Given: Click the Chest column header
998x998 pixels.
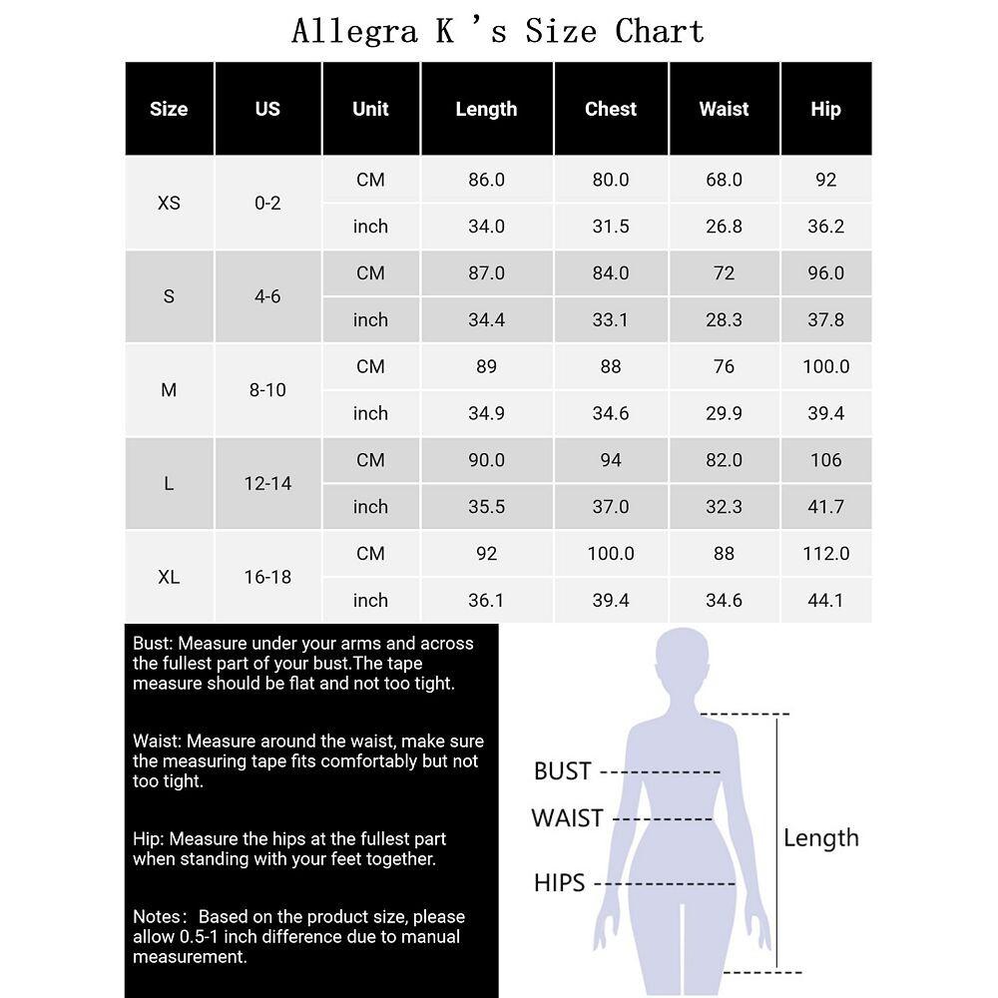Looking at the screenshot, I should (x=610, y=109).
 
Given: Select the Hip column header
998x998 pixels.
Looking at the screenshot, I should (x=825, y=109).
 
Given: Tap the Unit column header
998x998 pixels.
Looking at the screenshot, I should (x=370, y=109).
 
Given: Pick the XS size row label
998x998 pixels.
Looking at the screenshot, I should (x=169, y=203).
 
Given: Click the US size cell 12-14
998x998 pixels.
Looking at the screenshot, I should (x=267, y=483).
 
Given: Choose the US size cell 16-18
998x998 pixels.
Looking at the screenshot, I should (x=267, y=577).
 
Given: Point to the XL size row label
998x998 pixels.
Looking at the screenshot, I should (x=169, y=577).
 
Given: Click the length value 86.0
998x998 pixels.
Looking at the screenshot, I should (x=486, y=180).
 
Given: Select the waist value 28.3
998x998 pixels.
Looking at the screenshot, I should (x=724, y=319).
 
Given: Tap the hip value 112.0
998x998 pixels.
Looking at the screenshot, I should (x=825, y=553).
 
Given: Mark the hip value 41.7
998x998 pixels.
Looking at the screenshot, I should (x=825, y=507).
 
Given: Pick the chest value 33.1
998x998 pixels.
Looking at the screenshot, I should (x=610, y=319).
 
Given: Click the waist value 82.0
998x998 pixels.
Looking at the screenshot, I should (x=724, y=460).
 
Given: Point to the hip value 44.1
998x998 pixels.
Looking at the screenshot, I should (x=825, y=600).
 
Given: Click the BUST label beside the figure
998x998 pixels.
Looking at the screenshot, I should (x=563, y=771).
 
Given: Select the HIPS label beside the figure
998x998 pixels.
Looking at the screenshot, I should (x=559, y=883).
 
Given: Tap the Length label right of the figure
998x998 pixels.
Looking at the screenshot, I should (x=820, y=838).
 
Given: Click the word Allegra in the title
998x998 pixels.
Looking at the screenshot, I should (x=354, y=31).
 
